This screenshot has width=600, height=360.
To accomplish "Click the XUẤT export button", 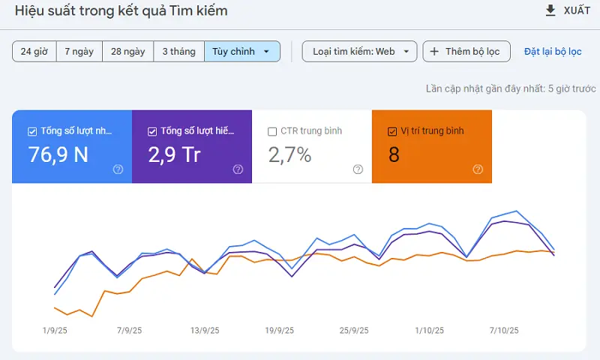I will [567, 10].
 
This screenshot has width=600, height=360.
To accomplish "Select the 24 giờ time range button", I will [34, 52].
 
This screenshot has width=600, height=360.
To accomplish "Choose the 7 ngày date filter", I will [79, 52].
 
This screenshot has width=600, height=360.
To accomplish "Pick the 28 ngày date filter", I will [127, 52].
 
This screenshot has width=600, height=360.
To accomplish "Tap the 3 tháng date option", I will [178, 52].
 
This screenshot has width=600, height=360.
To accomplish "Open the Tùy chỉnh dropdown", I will [241, 52].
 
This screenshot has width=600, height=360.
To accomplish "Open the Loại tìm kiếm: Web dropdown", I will [359, 52].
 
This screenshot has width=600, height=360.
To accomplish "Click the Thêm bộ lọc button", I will [466, 52].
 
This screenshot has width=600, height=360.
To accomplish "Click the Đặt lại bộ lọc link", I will [553, 52].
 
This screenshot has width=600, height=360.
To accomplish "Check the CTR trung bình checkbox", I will [272, 131].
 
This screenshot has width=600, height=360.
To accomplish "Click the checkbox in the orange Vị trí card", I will [392, 131].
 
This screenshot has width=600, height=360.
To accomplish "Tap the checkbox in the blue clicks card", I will [32, 131].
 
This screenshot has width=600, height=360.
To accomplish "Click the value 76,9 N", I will [58, 154].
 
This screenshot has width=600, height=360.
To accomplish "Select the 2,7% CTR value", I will [289, 154].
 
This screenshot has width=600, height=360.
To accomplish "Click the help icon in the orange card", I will [478, 169].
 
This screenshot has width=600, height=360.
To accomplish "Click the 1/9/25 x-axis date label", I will [55, 330].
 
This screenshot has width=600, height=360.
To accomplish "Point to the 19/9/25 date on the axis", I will [279, 330].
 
